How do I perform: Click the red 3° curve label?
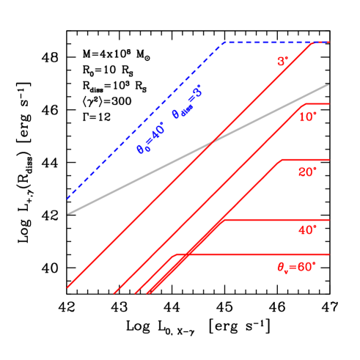pyautogui.click(x=282, y=62)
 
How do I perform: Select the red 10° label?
pyautogui.click(x=308, y=117)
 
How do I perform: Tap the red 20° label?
pyautogui.click(x=307, y=173)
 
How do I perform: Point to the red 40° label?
pyautogui.click(x=307, y=230)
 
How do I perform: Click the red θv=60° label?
pyautogui.click(x=295, y=268)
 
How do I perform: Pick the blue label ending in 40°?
pyautogui.click(x=151, y=138)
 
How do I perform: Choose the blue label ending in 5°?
pyautogui.click(x=186, y=103)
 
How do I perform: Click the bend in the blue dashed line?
pyautogui.click(x=222, y=43)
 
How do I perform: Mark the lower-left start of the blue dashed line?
pyautogui.click(x=67, y=199)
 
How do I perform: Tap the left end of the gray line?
pyautogui.click(x=68, y=213)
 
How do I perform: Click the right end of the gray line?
pyautogui.click(x=328, y=85)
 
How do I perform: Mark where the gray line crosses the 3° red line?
pyautogui.click(x=211, y=142)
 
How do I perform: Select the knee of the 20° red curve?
pyautogui.click(x=282, y=159)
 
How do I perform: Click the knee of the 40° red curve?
pyautogui.click(x=224, y=219)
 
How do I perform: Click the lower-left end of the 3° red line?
pyautogui.click(x=67, y=287)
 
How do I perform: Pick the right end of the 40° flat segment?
pyautogui.click(x=329, y=219)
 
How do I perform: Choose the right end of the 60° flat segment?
pyautogui.click(x=329, y=254)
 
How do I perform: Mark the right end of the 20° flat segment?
pyautogui.click(x=329, y=159)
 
